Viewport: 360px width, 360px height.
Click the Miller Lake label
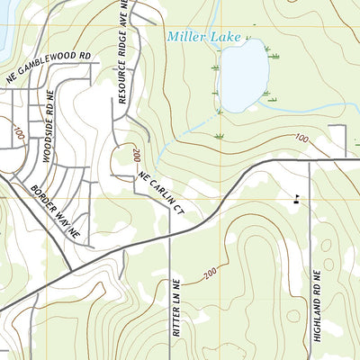(204, 37)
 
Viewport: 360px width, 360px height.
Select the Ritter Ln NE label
(177, 304)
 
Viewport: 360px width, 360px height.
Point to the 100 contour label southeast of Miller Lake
(300, 138)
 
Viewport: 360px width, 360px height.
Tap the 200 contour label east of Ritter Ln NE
(211, 273)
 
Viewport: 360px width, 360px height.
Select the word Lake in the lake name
(228, 37)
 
